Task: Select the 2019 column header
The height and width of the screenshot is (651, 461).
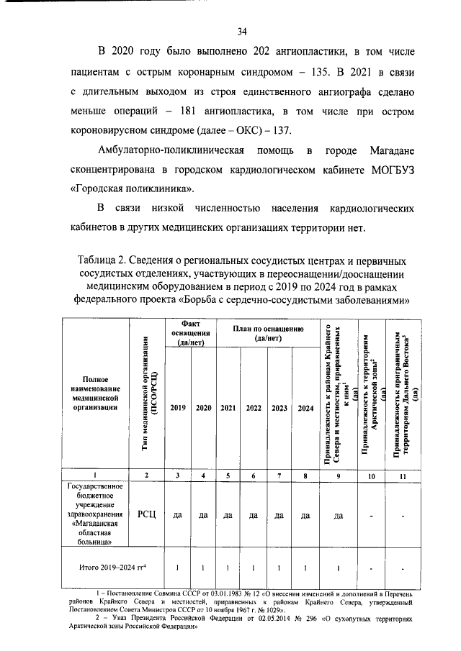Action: [177, 408]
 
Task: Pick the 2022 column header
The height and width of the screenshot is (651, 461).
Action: [254, 408]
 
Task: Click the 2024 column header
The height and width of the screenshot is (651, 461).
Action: [305, 408]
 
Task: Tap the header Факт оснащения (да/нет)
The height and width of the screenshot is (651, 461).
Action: [191, 333]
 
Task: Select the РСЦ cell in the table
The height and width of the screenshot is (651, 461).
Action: [146, 515]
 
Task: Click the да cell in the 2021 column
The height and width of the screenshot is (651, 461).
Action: [228, 515]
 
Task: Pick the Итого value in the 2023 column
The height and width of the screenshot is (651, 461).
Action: [279, 568]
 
